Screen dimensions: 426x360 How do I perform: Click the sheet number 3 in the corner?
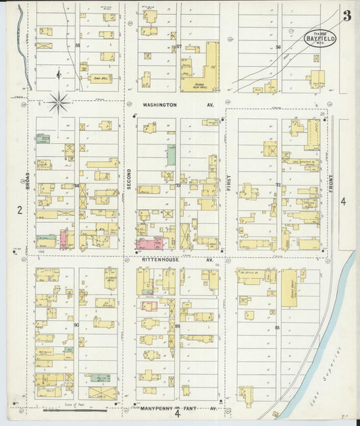(346, 16)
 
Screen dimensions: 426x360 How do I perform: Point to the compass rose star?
(59, 103)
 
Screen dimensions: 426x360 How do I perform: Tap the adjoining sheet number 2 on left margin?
(20, 210)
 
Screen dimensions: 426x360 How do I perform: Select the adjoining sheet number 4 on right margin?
(343, 201)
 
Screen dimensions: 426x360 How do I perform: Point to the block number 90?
(76, 325)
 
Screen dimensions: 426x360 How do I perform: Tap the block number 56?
(278, 47)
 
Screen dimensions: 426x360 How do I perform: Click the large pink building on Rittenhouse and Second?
(150, 243)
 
